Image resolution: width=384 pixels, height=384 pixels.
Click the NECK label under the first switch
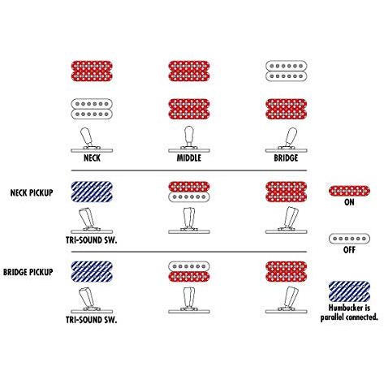click(x=92, y=158)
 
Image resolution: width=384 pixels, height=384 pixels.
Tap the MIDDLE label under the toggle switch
click(x=189, y=158)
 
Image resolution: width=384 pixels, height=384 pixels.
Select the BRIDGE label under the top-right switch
click(x=286, y=158)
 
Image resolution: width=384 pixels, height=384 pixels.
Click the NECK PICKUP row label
click(x=32, y=192)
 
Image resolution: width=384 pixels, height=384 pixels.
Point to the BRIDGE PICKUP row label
click(x=28, y=272)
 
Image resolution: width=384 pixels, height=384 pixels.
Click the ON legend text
click(x=349, y=202)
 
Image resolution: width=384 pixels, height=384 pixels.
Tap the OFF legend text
click(x=349, y=249)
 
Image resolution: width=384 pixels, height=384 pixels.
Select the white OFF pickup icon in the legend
click(x=349, y=239)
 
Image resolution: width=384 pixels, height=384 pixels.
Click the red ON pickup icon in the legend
click(x=349, y=191)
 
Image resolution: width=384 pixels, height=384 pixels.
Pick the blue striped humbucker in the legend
click(x=349, y=291)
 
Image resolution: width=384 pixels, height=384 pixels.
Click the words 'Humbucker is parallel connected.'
click(x=349, y=313)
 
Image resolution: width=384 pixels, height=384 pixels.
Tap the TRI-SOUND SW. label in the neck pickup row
click(x=92, y=240)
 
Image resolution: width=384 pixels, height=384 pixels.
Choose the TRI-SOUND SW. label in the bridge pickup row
click(x=92, y=320)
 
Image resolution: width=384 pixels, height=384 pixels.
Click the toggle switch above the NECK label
click(x=92, y=140)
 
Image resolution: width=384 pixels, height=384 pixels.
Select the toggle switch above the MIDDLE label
click(x=189, y=140)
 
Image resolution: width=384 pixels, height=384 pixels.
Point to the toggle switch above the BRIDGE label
click(x=286, y=140)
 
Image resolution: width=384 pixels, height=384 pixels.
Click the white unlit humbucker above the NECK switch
click(x=92, y=109)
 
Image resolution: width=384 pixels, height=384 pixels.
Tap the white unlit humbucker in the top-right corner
click(x=286, y=71)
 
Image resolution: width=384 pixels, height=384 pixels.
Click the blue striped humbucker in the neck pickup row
click(x=92, y=192)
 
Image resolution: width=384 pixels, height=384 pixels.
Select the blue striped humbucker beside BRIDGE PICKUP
click(x=92, y=271)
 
